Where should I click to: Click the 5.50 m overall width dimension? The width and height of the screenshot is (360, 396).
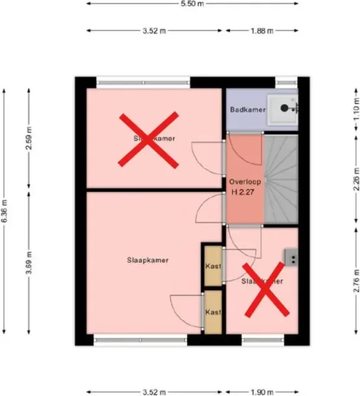pos(192,3)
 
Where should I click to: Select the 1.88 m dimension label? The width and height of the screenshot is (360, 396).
pos(262,30)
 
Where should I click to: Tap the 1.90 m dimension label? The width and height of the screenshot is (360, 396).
pos(262,392)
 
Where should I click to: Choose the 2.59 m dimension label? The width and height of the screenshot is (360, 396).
pos(29,138)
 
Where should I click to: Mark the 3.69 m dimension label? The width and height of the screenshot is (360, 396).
pos(29,265)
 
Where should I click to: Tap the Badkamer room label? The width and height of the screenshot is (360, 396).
pos(248,110)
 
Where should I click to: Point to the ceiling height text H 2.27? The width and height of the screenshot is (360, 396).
pos(244,192)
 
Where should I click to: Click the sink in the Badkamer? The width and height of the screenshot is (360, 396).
pos(285,108)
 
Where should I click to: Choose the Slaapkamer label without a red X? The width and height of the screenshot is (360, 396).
pos(148,260)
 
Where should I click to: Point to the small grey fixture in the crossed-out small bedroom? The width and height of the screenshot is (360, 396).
pos(290,258)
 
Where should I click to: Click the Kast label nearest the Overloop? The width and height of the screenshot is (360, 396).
pos(212,267)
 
